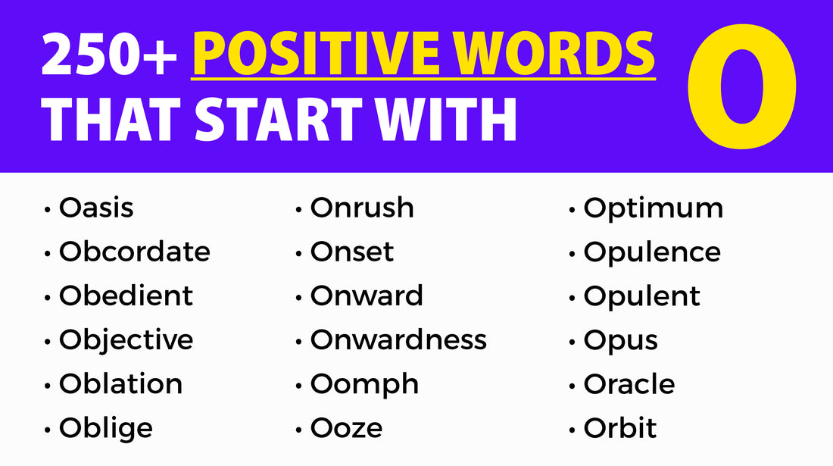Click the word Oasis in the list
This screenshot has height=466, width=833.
[96, 208]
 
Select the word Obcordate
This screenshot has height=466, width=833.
[135, 252]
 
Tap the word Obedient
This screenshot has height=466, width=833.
[126, 296]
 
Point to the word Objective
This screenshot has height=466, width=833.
[126, 340]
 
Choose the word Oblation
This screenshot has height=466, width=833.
[120, 383]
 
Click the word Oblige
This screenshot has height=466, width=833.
[106, 428]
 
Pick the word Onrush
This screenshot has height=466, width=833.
[362, 208]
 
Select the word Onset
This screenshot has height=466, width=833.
[352, 252]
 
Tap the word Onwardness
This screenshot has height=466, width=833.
[398, 339]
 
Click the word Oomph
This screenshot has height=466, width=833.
[364, 383]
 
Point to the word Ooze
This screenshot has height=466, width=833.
[346, 428]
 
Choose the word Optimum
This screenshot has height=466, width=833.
[654, 208]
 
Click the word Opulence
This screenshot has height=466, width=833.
[652, 252]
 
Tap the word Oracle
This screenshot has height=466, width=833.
[629, 383]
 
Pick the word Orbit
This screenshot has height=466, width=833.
[620, 428]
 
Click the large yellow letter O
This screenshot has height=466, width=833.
[741, 85]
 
